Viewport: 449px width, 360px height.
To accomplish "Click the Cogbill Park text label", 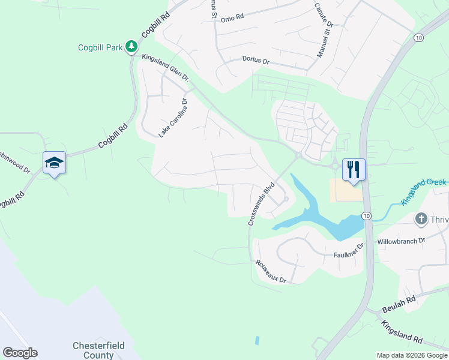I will (100, 47).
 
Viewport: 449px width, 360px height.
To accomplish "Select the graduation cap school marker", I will (54, 163).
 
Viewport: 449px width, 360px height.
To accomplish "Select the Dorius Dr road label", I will (256, 59).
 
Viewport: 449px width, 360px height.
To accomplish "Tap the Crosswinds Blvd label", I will (262, 204).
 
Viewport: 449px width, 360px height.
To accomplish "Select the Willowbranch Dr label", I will (401, 241).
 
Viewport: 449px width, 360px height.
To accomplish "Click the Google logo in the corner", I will (20, 353).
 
